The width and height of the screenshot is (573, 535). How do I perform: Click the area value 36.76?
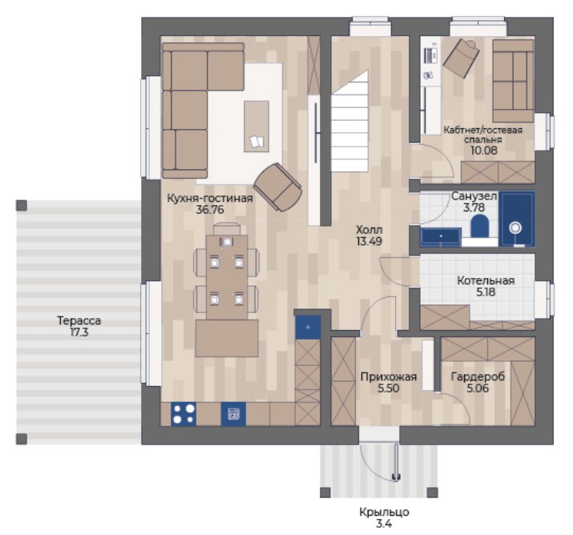(x=210, y=210)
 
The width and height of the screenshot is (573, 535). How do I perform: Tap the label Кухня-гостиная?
(x=210, y=199)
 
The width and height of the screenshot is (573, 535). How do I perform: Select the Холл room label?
(x=369, y=230)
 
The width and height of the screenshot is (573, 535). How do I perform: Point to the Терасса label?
(x=79, y=320)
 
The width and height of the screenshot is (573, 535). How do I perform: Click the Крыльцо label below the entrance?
(x=384, y=512)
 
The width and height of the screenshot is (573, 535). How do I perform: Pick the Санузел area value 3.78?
(x=474, y=207)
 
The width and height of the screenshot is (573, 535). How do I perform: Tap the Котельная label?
(x=486, y=280)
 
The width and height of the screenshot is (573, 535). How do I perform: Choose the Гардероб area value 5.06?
(x=478, y=388)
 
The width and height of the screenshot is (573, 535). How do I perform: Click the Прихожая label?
(x=389, y=376)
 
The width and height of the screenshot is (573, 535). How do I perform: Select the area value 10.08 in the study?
(x=484, y=150)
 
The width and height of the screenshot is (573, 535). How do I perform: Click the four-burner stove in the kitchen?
(x=184, y=414)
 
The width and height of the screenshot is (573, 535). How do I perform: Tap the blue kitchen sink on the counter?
(x=233, y=414)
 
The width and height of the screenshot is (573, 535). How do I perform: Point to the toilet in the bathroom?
(x=479, y=226)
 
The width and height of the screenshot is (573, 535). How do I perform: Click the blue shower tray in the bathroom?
(x=517, y=219)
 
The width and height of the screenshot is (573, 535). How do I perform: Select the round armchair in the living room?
(x=278, y=187)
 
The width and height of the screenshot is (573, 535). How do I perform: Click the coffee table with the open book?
(x=256, y=127)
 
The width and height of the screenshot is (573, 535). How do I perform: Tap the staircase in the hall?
(x=349, y=122)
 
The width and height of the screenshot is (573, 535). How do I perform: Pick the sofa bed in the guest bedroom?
(x=513, y=81)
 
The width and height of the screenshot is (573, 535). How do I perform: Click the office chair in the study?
(x=461, y=58)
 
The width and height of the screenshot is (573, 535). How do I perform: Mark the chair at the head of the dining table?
(x=227, y=229)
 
